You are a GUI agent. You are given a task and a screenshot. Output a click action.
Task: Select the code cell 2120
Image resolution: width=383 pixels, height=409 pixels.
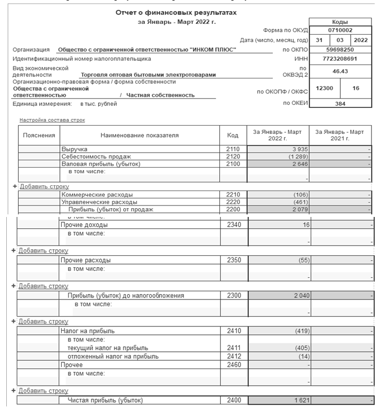(233, 157)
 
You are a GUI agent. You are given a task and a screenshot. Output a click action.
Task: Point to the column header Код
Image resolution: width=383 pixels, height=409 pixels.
(233, 135)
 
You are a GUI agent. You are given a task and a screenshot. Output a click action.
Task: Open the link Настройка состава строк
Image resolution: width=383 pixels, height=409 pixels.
(52, 120)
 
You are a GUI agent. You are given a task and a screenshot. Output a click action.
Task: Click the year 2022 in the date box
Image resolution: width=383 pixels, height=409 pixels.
(361, 40)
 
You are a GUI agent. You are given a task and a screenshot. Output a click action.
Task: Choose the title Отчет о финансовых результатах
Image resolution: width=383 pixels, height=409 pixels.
(176, 12)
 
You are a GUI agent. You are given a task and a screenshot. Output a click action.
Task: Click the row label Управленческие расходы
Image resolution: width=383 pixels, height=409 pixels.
(99, 202)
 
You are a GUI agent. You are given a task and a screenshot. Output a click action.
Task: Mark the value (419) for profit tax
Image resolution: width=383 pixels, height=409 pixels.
(301, 331)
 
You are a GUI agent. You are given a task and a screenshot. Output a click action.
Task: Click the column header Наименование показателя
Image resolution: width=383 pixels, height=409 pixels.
(139, 135)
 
